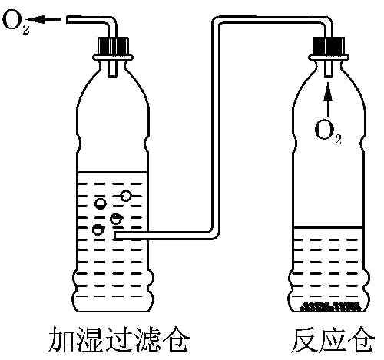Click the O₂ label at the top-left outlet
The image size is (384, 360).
click(15, 21)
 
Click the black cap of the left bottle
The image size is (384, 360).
click(113, 48)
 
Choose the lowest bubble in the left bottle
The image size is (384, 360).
click(98, 230)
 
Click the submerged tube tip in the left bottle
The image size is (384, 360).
click(116, 236)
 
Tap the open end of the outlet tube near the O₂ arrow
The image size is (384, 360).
click(68, 21)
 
